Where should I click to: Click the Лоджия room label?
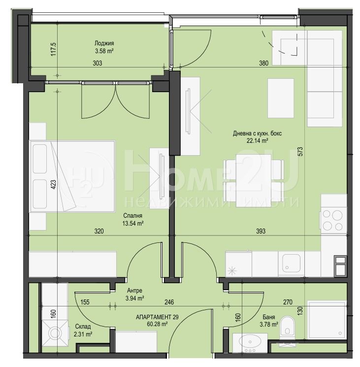pyautogui.click(x=104, y=43)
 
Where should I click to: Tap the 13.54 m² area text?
pyautogui.click(x=133, y=223)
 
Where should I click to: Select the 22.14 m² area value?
pyautogui.click(x=257, y=141)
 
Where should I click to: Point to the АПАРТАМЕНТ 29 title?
pyautogui.click(x=157, y=317)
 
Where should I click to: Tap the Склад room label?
pyautogui.click(x=83, y=327)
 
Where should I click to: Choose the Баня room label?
pyautogui.click(x=269, y=317)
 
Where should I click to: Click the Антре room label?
pyautogui.click(x=134, y=291)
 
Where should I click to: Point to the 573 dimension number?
pyautogui.click(x=300, y=151)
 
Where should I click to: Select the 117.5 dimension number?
pyautogui.click(x=53, y=49)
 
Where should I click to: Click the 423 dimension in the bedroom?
pyautogui.click(x=53, y=185)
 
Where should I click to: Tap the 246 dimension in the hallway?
pyautogui.click(x=169, y=302)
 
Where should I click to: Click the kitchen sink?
pyautogui.click(x=291, y=264)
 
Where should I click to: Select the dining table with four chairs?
pyautogui.click(x=254, y=181)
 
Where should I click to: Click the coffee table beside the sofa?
pyautogui.click(x=281, y=98)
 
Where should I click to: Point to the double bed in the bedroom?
pyautogui.click(x=72, y=176)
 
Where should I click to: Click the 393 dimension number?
pyautogui.click(x=261, y=231)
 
